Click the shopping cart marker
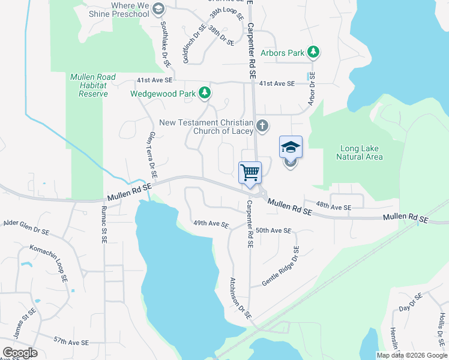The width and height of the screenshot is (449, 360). pos(250,173)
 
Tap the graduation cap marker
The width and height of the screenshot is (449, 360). pos(291,147)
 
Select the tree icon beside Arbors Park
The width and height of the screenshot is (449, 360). pos(313,53)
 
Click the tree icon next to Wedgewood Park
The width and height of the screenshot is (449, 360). pos(205,93)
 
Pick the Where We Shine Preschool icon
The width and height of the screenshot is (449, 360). pos(158,8)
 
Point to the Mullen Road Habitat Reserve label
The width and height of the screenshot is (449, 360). pos(89,85)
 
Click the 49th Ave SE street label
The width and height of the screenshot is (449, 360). pos(211,224)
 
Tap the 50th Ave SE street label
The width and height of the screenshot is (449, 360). pos(273,230)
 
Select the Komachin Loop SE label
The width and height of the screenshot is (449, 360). pos(47,263)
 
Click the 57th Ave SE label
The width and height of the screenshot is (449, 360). pos(71,341)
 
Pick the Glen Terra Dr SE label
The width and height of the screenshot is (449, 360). pos(152,155)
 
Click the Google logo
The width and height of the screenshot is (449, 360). pos(20,353)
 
